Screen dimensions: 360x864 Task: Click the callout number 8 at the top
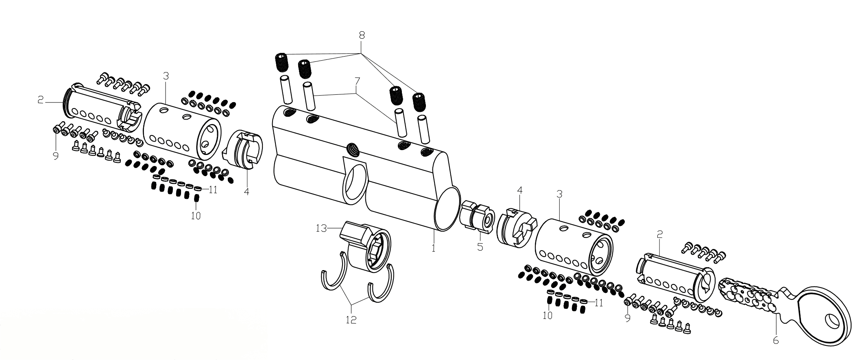[x=361, y=35]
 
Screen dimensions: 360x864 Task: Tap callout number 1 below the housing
[x=433, y=247]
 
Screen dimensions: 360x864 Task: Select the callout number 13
[x=321, y=228]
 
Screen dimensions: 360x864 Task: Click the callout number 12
[x=351, y=320]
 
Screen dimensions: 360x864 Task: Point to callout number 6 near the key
[x=775, y=340]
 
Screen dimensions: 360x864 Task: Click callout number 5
[x=480, y=247]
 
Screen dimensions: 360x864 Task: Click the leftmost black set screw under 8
[x=281, y=62]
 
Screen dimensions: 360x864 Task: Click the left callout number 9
[x=55, y=156]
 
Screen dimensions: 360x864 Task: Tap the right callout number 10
[x=548, y=315]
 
